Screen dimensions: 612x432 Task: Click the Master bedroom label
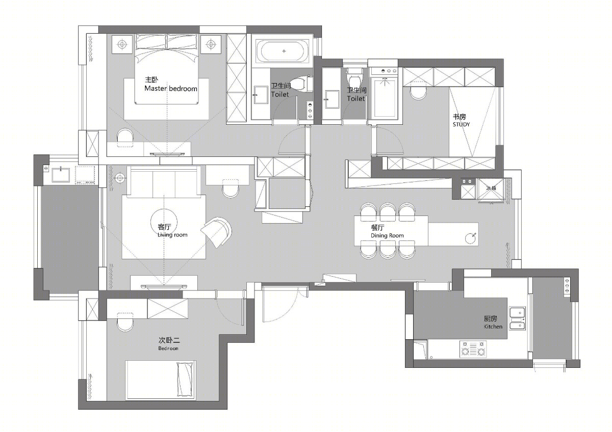(171, 89)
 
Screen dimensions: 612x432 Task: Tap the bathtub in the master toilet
(284, 51)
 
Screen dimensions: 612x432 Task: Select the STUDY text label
(461, 124)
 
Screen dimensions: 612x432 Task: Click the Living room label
(172, 235)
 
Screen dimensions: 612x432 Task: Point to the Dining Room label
(387, 235)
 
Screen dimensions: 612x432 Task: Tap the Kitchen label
(493, 327)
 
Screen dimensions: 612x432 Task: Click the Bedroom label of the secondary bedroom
(168, 348)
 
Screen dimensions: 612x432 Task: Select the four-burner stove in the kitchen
(473, 349)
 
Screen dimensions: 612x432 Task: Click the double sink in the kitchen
(518, 318)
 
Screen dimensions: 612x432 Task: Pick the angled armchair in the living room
(217, 232)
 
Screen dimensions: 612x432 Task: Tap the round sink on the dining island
(470, 238)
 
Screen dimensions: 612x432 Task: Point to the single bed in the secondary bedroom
(161, 380)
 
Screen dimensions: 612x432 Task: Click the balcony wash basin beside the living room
(61, 175)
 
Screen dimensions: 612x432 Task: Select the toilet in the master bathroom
(300, 84)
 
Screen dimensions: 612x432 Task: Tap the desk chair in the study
(418, 92)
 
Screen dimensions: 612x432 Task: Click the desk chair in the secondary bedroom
(125, 322)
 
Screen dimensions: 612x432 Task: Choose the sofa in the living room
(164, 181)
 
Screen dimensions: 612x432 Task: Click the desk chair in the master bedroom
(125, 137)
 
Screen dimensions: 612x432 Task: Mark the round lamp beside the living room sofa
(120, 178)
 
